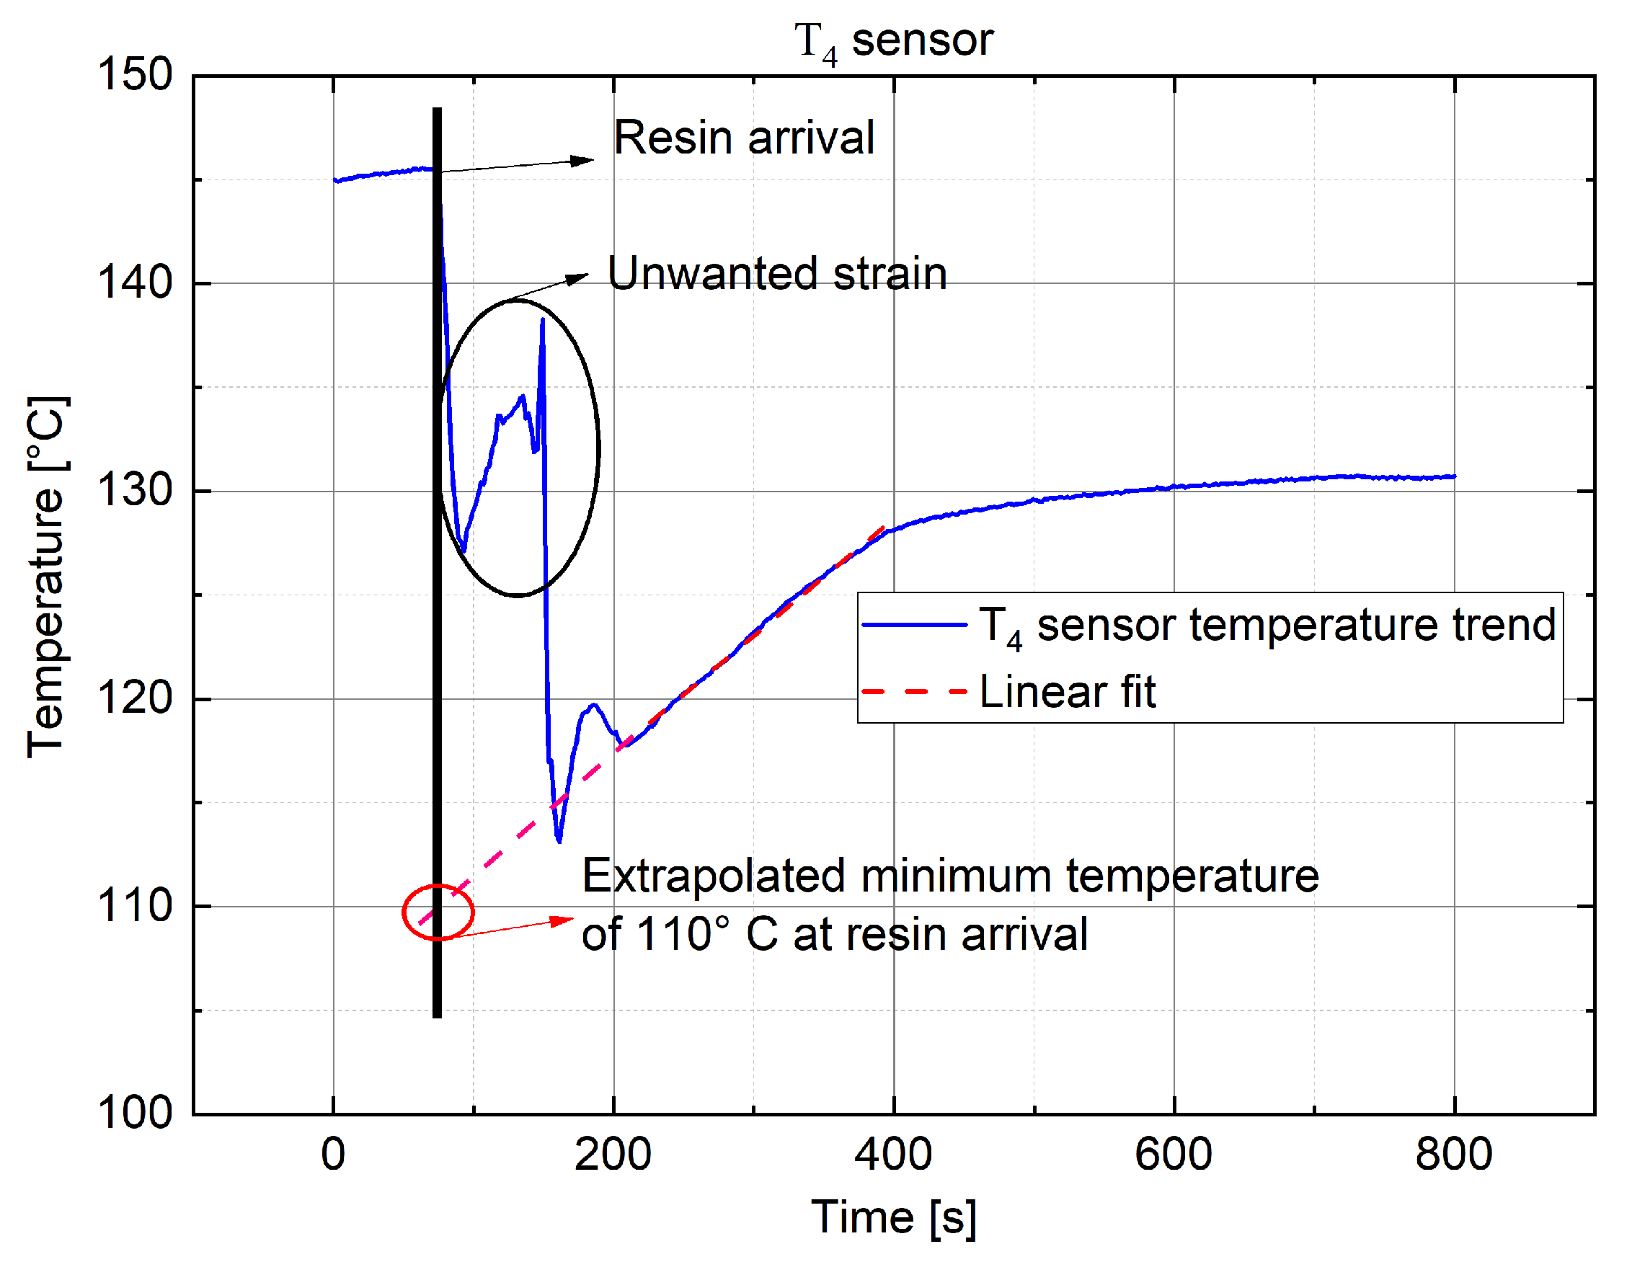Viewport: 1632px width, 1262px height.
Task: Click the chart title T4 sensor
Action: (893, 41)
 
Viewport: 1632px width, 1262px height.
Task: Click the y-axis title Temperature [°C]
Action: (46, 577)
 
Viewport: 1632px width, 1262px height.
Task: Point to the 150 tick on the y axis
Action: (136, 75)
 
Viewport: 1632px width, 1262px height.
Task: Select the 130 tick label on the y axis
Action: (136, 491)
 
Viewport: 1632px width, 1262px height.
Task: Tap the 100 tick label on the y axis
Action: (136, 1114)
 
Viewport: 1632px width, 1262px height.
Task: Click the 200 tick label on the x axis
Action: (613, 1154)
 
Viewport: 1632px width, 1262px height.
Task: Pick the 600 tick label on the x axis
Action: (1174, 1154)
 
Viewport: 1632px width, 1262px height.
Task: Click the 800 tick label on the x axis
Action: (1453, 1154)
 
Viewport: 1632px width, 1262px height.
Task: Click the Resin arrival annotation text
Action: (743, 138)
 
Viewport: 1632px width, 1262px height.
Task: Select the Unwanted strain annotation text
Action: (777, 273)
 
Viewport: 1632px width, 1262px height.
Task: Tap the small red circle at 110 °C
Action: (438, 912)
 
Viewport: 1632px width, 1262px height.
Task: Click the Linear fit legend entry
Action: (1067, 692)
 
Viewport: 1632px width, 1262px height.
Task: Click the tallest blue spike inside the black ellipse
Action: (543, 321)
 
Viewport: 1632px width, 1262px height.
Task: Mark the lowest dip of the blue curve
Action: (559, 840)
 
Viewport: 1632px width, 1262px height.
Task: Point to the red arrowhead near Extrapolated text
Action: (564, 920)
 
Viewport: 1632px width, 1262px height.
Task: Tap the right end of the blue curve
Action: (1453, 476)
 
